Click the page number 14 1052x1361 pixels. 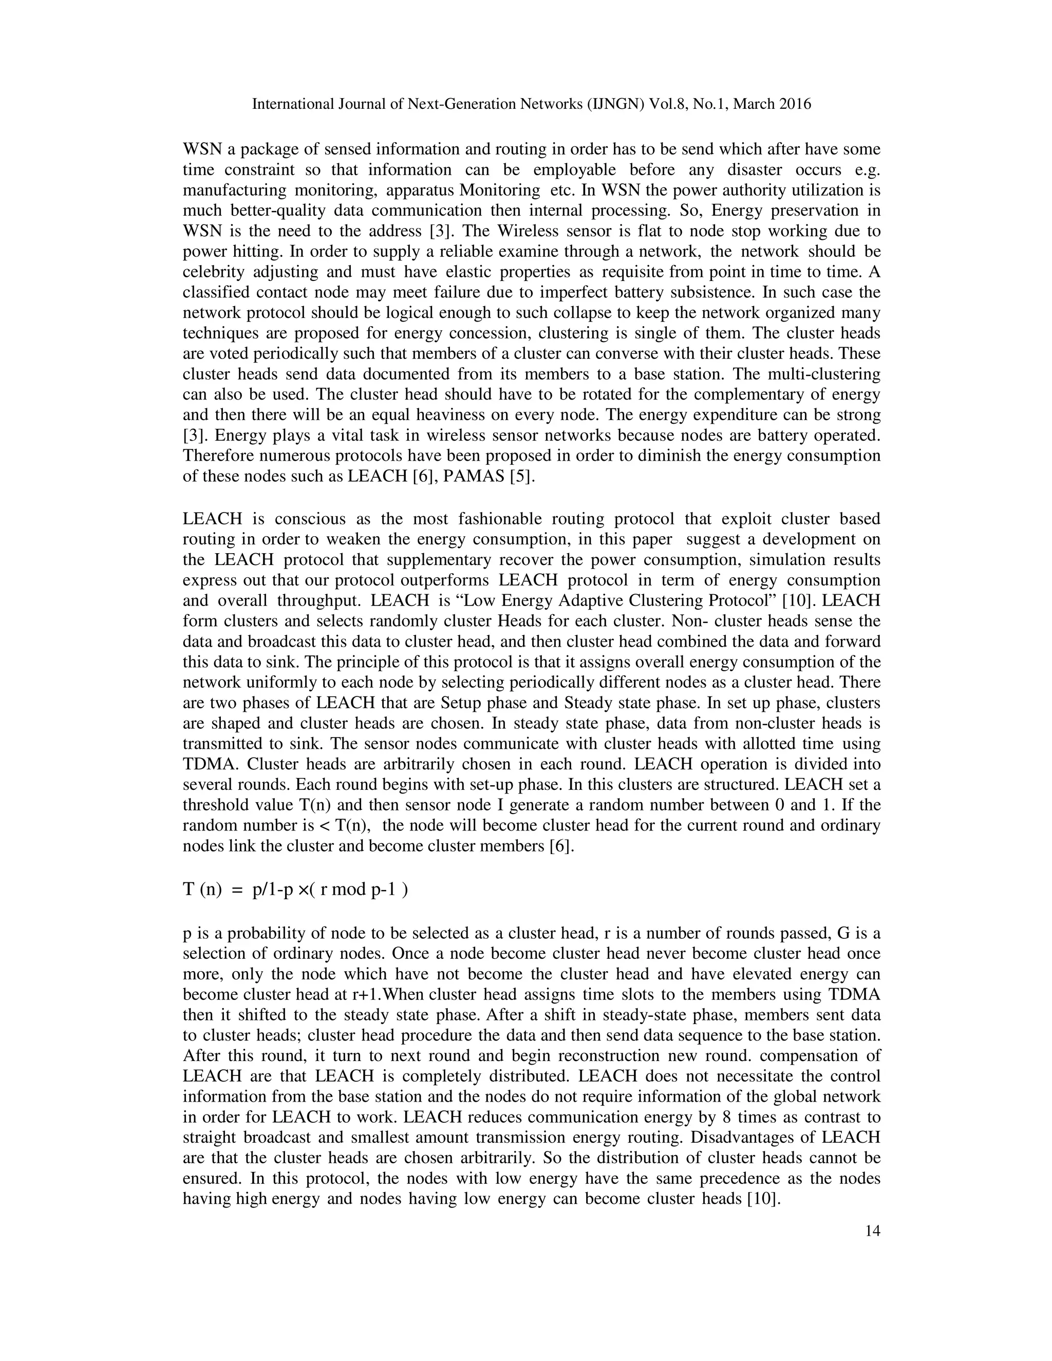[873, 1231]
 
